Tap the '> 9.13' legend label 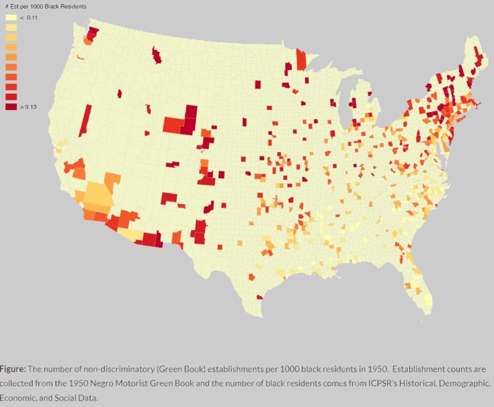pyautogui.click(x=28, y=107)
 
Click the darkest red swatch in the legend pyautogui.click(x=11, y=107)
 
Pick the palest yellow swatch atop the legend pyautogui.click(x=11, y=17)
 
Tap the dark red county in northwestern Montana pyautogui.click(x=157, y=55)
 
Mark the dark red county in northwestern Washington pyautogui.click(x=92, y=33)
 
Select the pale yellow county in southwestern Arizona pyautogui.click(x=131, y=235)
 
